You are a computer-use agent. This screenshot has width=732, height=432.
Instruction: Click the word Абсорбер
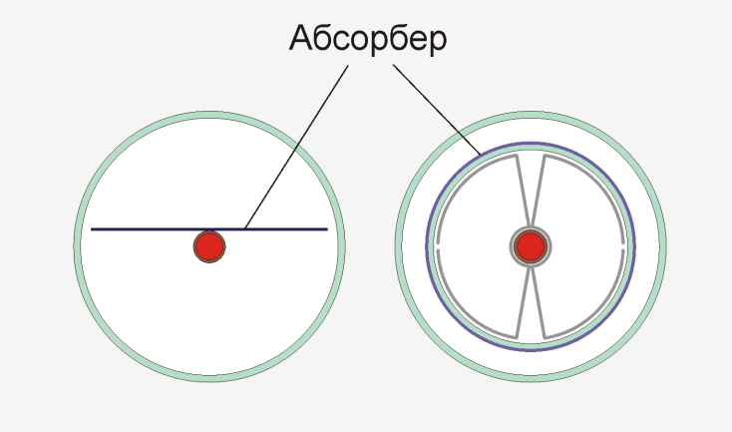point(368,39)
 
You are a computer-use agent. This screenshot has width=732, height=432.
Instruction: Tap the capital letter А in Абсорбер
point(300,37)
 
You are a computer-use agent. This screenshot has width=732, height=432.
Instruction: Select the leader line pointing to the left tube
point(296,147)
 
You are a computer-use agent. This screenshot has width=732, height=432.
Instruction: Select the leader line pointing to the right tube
point(437,110)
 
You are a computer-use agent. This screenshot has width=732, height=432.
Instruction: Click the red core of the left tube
point(209,246)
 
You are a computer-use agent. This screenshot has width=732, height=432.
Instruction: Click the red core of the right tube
point(531,246)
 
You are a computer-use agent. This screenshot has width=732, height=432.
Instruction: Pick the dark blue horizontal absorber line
point(209,229)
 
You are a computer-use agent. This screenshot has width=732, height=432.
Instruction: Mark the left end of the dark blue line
point(91,229)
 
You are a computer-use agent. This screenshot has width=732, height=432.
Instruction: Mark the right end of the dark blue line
point(328,229)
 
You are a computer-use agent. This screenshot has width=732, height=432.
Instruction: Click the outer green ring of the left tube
point(78,246)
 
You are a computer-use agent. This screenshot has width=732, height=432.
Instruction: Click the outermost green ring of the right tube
point(399,246)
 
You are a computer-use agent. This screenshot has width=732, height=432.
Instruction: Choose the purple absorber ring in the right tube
point(427,246)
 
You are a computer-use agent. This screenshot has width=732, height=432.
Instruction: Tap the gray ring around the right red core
point(531,228)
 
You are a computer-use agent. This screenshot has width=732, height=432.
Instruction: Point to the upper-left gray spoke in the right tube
point(523,191)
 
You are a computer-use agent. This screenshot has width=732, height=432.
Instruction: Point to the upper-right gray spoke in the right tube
point(539,191)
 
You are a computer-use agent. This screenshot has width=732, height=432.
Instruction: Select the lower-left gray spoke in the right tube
point(523,303)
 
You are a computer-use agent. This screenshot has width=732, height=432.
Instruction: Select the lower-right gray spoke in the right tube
point(539,303)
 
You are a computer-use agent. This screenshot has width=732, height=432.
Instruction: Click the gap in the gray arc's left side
point(438,246)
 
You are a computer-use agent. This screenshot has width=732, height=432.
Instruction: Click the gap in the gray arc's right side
point(623,246)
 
